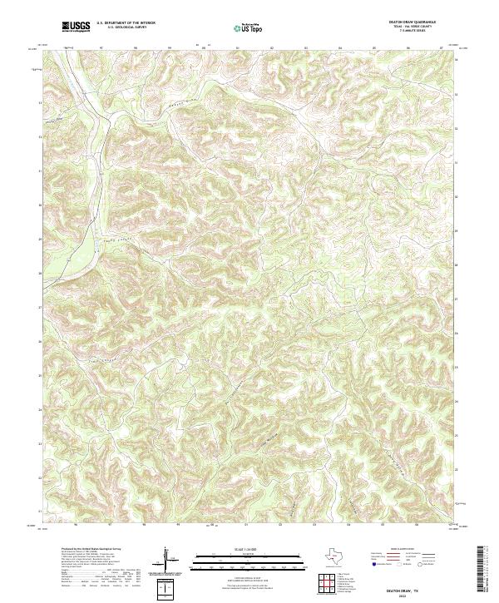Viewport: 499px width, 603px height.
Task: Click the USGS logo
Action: pos(77,27)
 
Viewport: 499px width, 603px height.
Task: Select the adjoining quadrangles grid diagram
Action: pos(328,581)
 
